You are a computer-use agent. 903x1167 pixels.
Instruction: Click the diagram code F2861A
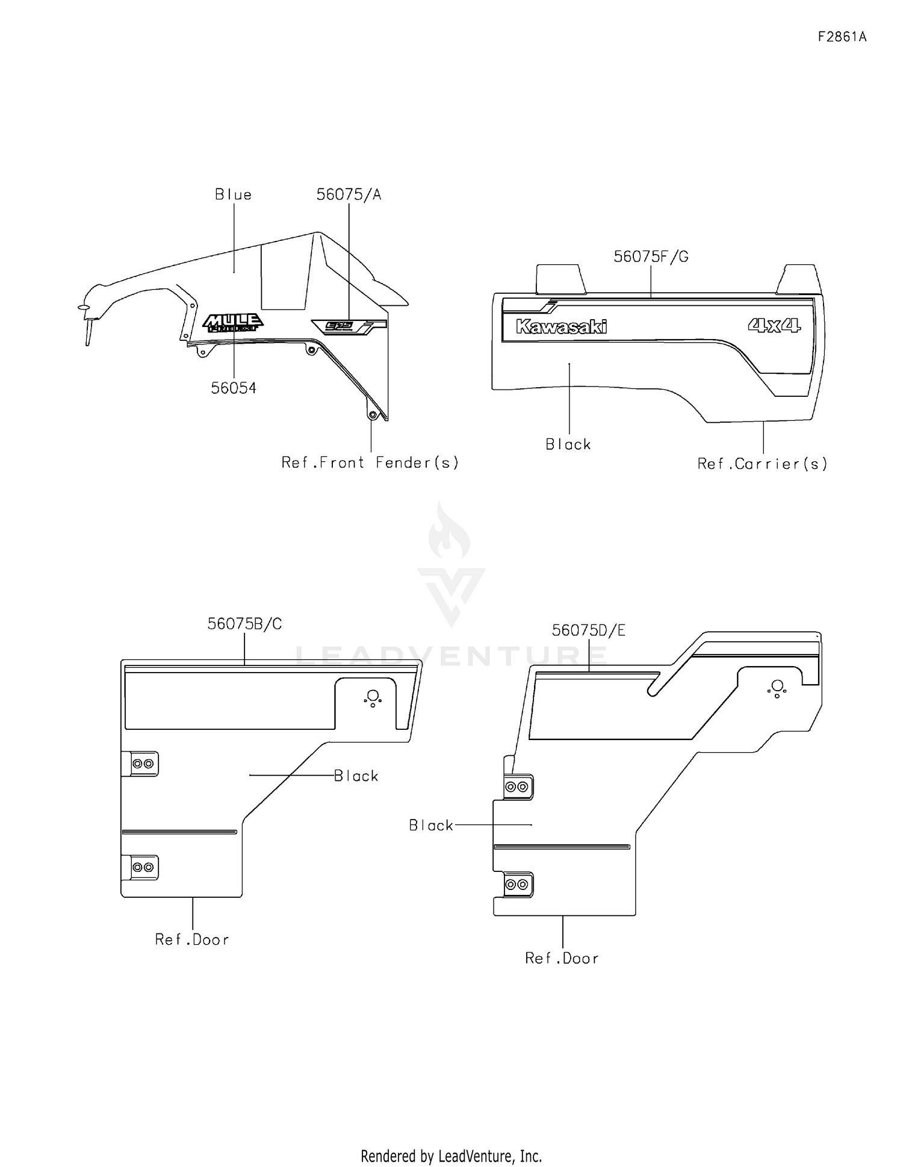(x=842, y=37)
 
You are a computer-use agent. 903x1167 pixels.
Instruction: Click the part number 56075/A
(x=349, y=194)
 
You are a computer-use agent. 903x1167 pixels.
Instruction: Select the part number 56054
(x=234, y=388)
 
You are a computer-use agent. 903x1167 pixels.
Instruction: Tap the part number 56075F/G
(x=651, y=257)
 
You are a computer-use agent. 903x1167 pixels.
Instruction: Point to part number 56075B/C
(x=244, y=624)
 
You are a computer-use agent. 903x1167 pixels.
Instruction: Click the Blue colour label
(x=233, y=194)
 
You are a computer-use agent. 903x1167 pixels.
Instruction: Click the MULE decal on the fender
(x=232, y=323)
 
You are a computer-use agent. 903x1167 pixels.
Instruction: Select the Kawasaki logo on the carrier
(x=561, y=327)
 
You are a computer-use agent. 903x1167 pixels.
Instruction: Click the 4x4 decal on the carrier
(x=774, y=326)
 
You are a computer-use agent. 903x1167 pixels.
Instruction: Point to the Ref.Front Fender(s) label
(x=370, y=462)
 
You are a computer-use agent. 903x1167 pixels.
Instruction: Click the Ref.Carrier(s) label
(x=762, y=464)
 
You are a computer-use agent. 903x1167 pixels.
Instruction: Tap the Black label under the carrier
(x=568, y=444)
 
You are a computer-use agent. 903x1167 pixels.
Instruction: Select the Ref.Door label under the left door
(x=192, y=939)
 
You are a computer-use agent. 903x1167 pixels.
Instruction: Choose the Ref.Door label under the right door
(x=562, y=958)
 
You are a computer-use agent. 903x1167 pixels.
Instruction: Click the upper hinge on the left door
(x=142, y=764)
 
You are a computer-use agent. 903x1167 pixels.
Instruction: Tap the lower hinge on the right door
(x=517, y=885)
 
